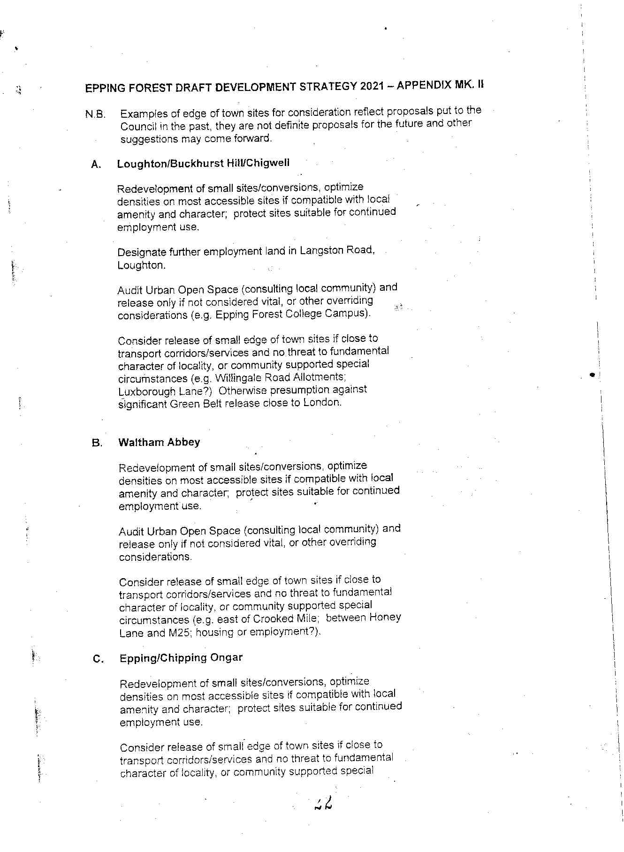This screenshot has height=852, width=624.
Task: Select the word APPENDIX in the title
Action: pos(425,85)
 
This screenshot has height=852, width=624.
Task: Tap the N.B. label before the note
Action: pos(95,114)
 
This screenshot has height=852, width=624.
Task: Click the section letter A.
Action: pos(96,165)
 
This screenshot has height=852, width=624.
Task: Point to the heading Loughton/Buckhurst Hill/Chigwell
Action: pos(203,163)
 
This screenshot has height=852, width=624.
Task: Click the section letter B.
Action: pos(97,443)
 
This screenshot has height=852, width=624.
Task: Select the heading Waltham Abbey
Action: pos(159,442)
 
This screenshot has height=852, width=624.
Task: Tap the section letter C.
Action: pos(98,659)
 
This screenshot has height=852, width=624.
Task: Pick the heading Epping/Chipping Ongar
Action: pos(181,657)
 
